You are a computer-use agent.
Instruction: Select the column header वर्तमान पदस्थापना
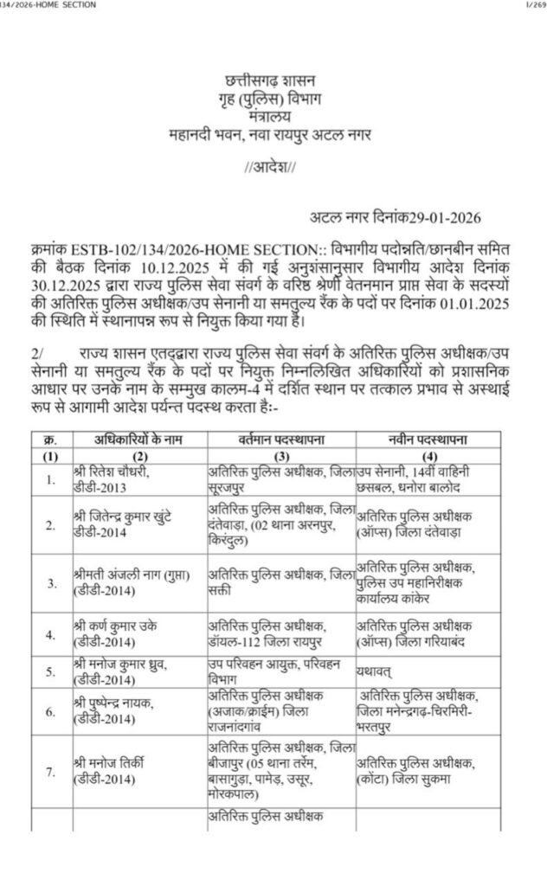tap(281, 441)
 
